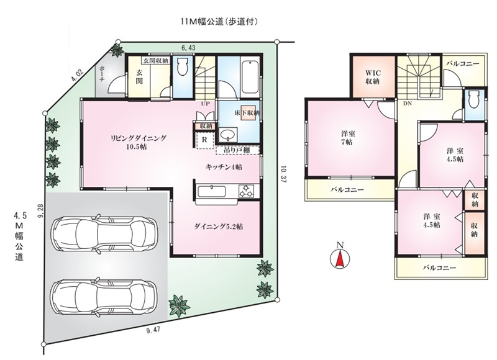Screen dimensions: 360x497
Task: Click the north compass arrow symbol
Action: (x=340, y=256)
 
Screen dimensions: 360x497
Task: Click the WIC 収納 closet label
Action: (x=373, y=76)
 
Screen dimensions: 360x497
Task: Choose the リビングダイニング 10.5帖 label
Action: (x=139, y=143)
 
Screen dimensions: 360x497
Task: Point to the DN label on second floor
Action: (x=408, y=104)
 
